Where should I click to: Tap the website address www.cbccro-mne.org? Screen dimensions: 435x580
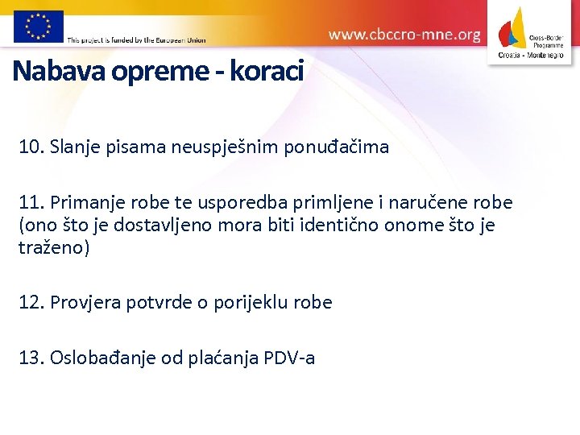click(x=404, y=35)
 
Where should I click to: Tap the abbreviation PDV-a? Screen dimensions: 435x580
click(x=288, y=357)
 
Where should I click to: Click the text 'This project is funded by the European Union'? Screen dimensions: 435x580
click(x=136, y=39)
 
